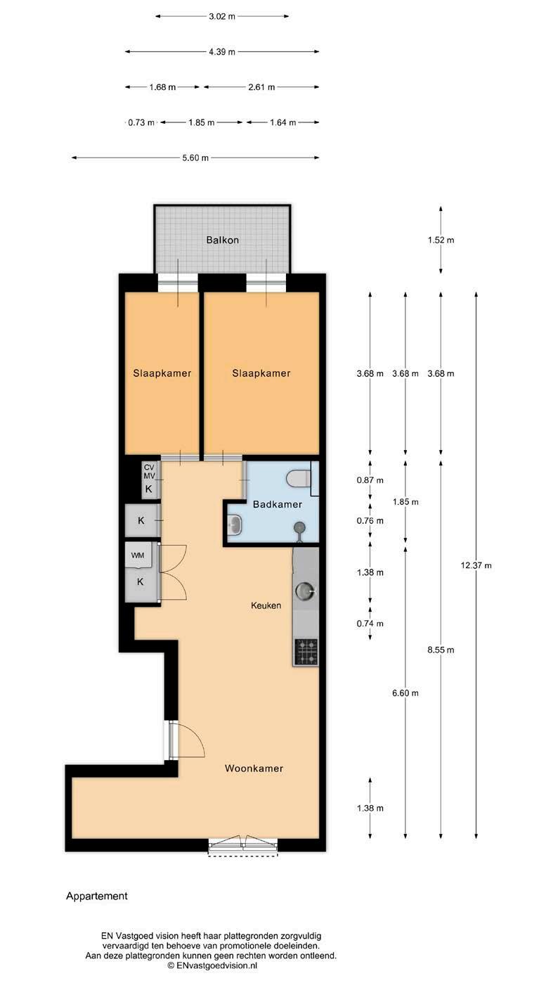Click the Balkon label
222,240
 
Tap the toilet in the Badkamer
299,479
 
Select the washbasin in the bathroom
235,524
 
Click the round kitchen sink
305,591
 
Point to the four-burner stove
306,652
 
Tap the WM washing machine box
138,555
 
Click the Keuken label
266,605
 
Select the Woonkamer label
254,768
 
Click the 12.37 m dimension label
476,565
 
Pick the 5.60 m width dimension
195,158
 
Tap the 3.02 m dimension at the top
222,16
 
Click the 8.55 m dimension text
441,650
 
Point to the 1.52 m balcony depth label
441,240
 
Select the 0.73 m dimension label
141,122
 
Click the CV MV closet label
149,472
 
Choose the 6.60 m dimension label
405,693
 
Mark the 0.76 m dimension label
370,520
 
